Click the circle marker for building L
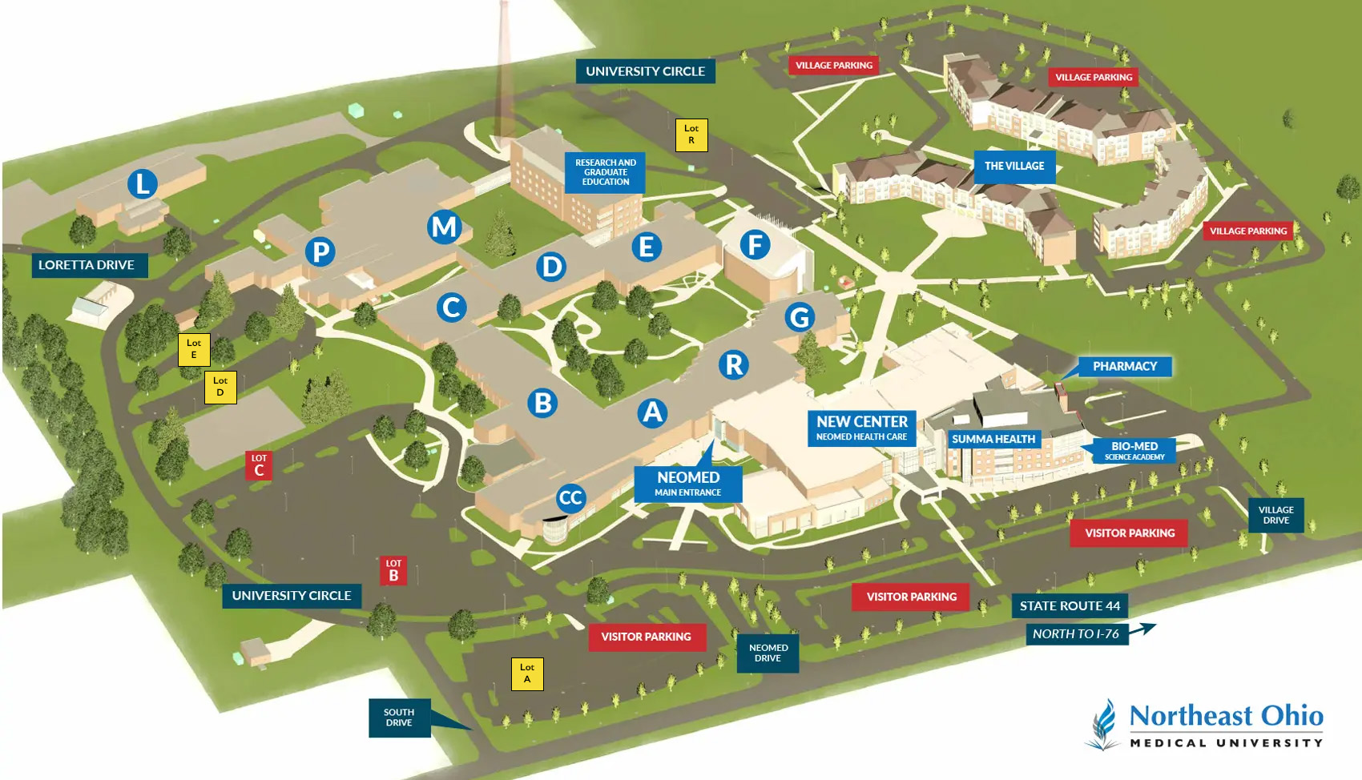pyautogui.click(x=143, y=184)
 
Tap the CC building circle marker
pyautogui.click(x=570, y=498)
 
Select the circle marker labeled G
pyautogui.click(x=799, y=317)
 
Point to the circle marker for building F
pyautogui.click(x=755, y=245)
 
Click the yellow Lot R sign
pyautogui.click(x=691, y=135)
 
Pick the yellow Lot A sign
pyautogui.click(x=527, y=673)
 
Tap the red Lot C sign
pyautogui.click(x=259, y=465)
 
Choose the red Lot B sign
pyautogui.click(x=393, y=570)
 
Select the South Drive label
pyautogui.click(x=399, y=718)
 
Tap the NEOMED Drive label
pyautogui.click(x=768, y=653)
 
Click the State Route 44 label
pyautogui.click(x=1069, y=606)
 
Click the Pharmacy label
pyautogui.click(x=1124, y=367)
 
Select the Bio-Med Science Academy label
pyautogui.click(x=1134, y=451)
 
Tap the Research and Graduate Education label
pyautogui.click(x=605, y=172)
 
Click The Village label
pyautogui.click(x=1014, y=167)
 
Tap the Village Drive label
pyautogui.click(x=1275, y=515)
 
